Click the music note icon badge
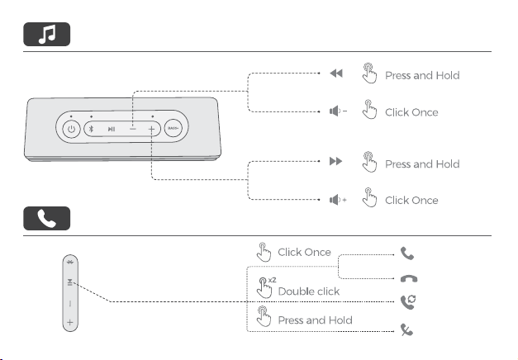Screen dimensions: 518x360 46,35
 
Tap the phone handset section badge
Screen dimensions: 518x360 46,218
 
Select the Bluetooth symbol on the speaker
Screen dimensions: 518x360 91,129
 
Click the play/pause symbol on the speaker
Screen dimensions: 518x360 112,129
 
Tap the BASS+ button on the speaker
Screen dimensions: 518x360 173,128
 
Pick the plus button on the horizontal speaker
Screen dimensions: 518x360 151,129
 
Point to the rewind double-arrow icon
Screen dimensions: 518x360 336,73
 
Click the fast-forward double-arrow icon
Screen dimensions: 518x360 336,161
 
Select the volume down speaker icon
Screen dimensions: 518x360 338,111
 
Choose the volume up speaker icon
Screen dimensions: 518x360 338,200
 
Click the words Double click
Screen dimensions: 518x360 309,291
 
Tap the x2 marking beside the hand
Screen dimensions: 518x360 272,280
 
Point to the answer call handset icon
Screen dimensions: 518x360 407,253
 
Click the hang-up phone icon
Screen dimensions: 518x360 409,279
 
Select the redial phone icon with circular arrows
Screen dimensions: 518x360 408,302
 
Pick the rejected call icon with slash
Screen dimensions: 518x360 406,329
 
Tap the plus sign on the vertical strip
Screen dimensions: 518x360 70,322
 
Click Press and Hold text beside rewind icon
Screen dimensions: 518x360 422,76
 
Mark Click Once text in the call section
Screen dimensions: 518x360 304,253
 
